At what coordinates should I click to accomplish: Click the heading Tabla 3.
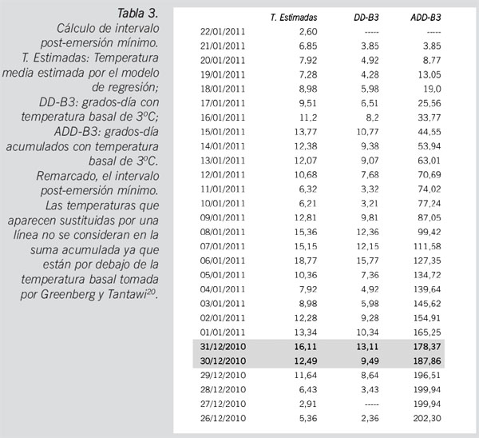pyautogui.click(x=137, y=14)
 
